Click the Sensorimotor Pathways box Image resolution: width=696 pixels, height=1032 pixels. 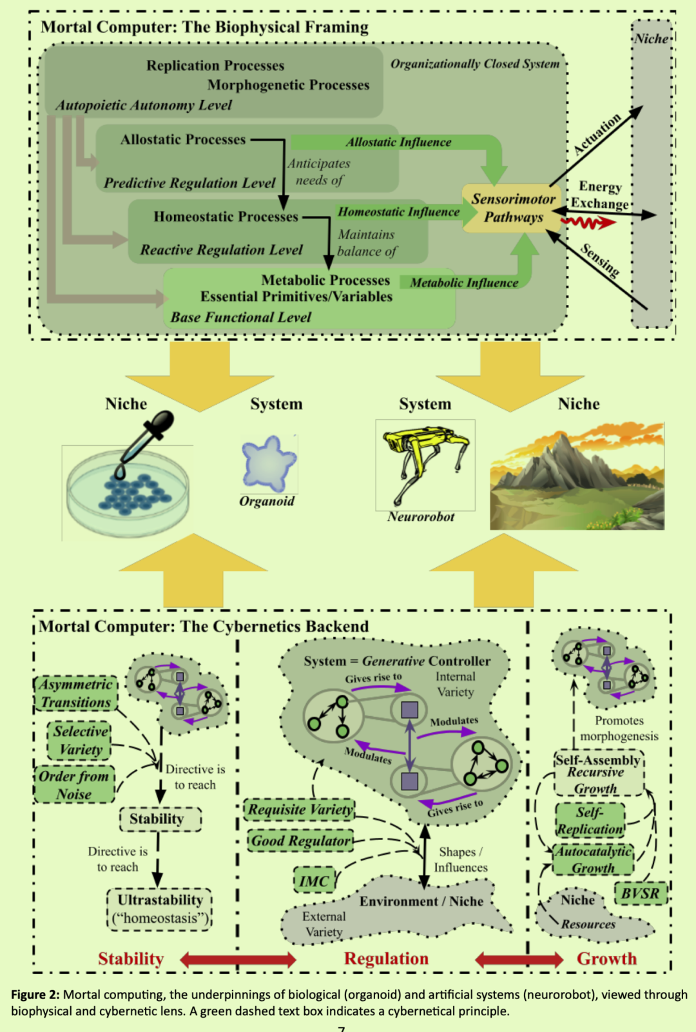click(x=513, y=208)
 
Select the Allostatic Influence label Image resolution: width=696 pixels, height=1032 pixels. click(x=398, y=142)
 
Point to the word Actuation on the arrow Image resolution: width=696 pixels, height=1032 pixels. click(x=597, y=134)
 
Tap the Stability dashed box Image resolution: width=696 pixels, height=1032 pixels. click(x=160, y=819)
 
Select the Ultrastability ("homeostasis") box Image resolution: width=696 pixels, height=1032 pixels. click(x=160, y=909)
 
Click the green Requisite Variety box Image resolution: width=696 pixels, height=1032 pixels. click(x=300, y=809)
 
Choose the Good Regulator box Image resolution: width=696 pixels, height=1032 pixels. click(x=301, y=841)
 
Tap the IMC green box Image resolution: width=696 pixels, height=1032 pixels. click(x=314, y=881)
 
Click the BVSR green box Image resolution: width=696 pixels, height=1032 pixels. click(x=640, y=893)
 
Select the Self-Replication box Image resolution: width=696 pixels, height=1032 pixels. click(x=590, y=821)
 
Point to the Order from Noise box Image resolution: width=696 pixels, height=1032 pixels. click(x=74, y=784)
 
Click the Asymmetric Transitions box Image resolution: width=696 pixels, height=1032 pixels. click(x=76, y=693)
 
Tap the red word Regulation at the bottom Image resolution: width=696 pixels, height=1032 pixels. click(x=386, y=959)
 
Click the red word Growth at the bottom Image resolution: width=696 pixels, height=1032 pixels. click(x=606, y=959)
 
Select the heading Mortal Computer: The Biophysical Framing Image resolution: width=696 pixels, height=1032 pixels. click(x=204, y=27)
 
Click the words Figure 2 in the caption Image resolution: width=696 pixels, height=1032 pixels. click(x=35, y=995)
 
